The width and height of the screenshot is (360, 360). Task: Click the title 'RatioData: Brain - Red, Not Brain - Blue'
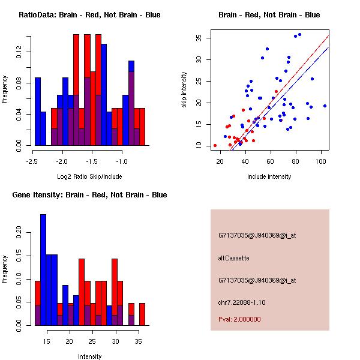click(x=89, y=15)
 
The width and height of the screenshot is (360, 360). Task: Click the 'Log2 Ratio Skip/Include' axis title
click(x=89, y=176)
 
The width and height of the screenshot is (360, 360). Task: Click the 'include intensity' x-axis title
click(x=269, y=176)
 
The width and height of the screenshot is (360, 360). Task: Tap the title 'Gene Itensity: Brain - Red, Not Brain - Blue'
click(x=89, y=195)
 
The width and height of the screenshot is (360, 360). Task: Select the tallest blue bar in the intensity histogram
click(x=43, y=270)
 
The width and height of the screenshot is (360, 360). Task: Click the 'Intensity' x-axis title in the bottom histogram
click(x=89, y=356)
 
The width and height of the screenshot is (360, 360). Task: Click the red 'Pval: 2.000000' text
click(x=239, y=319)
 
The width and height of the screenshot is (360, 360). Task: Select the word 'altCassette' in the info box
click(x=233, y=258)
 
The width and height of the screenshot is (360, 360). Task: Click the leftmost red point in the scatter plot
click(x=215, y=145)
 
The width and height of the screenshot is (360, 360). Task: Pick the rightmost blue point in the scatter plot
click(x=325, y=106)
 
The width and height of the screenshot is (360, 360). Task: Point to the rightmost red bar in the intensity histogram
click(x=142, y=314)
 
